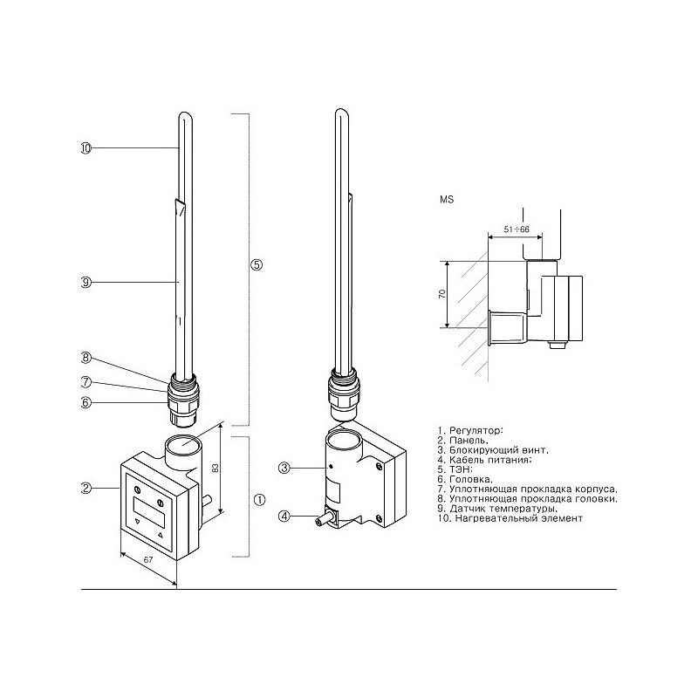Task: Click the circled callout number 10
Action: click(x=86, y=148)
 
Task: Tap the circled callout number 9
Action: click(x=86, y=282)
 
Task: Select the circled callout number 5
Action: click(x=257, y=265)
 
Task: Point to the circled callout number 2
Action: click(x=86, y=489)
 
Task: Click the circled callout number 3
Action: click(x=284, y=468)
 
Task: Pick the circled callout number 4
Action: click(x=284, y=516)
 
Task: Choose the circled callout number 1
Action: click(x=259, y=500)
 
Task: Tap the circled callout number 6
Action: click(x=86, y=402)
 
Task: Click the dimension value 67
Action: click(x=148, y=559)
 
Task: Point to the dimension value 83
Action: click(x=216, y=468)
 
